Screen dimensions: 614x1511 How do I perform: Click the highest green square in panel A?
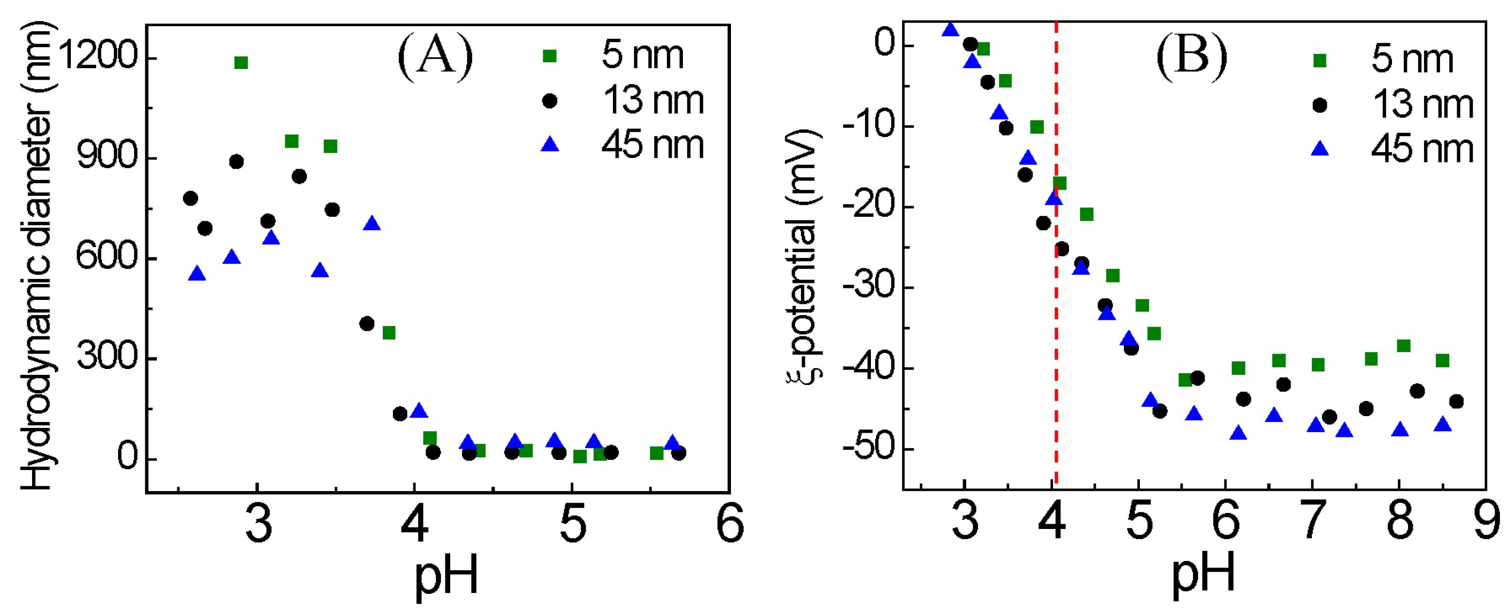coord(240,63)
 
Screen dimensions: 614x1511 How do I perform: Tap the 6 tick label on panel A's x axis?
coord(730,523)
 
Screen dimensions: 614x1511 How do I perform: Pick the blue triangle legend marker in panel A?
coord(550,144)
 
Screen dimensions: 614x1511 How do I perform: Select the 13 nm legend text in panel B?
coord(1423,105)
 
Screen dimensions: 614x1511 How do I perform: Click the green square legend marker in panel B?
coord(1319,60)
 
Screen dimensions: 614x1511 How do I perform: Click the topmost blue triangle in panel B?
coord(950,29)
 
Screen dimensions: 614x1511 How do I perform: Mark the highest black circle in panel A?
coord(237,161)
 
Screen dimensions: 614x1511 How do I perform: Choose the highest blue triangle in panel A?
coord(372,224)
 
